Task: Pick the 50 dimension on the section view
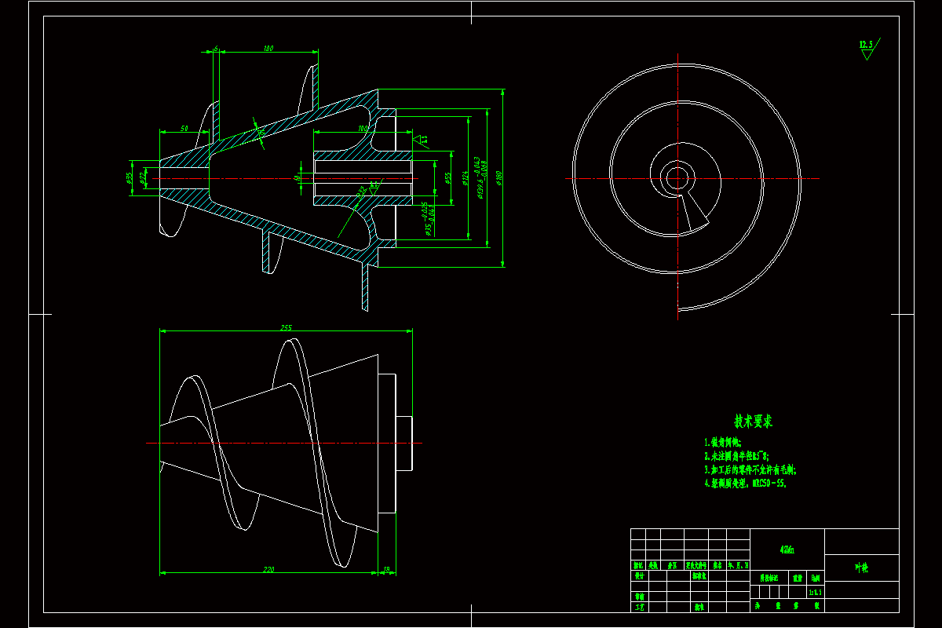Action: tap(184, 128)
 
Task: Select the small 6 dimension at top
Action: tap(216, 49)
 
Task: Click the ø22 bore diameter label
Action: tap(142, 178)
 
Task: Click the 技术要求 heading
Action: tap(752, 422)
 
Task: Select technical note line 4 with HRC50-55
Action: tap(746, 483)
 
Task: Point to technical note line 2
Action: tap(736, 455)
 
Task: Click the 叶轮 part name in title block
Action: tap(861, 568)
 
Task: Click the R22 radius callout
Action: tap(362, 191)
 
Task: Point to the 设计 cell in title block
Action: tap(639, 575)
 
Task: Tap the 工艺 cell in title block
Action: tap(639, 606)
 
